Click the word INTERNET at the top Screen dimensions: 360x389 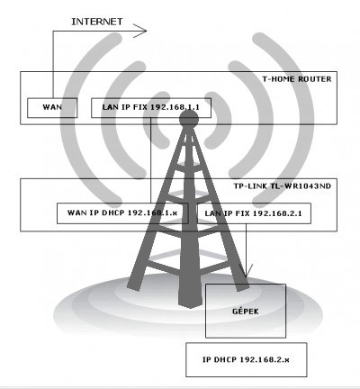pos(97,22)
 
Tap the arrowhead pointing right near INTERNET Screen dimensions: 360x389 pos(139,31)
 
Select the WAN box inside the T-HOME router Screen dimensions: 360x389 pos(52,108)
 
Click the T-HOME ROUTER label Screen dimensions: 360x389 pos(297,79)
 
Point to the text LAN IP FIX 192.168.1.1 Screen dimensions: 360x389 pos(151,107)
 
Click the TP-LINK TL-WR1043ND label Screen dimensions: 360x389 pos(283,186)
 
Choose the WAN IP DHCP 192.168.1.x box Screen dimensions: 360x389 pos(122,213)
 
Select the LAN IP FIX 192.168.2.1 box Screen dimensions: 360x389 pos(254,213)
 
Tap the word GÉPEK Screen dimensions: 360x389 pos(246,311)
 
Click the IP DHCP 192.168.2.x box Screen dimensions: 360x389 pos(247,359)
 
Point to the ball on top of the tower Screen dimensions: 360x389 pos(189,119)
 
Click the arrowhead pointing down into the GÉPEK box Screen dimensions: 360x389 pos(247,271)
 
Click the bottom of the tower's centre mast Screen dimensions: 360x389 pos(189,306)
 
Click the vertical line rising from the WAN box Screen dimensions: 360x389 pos(53,64)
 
